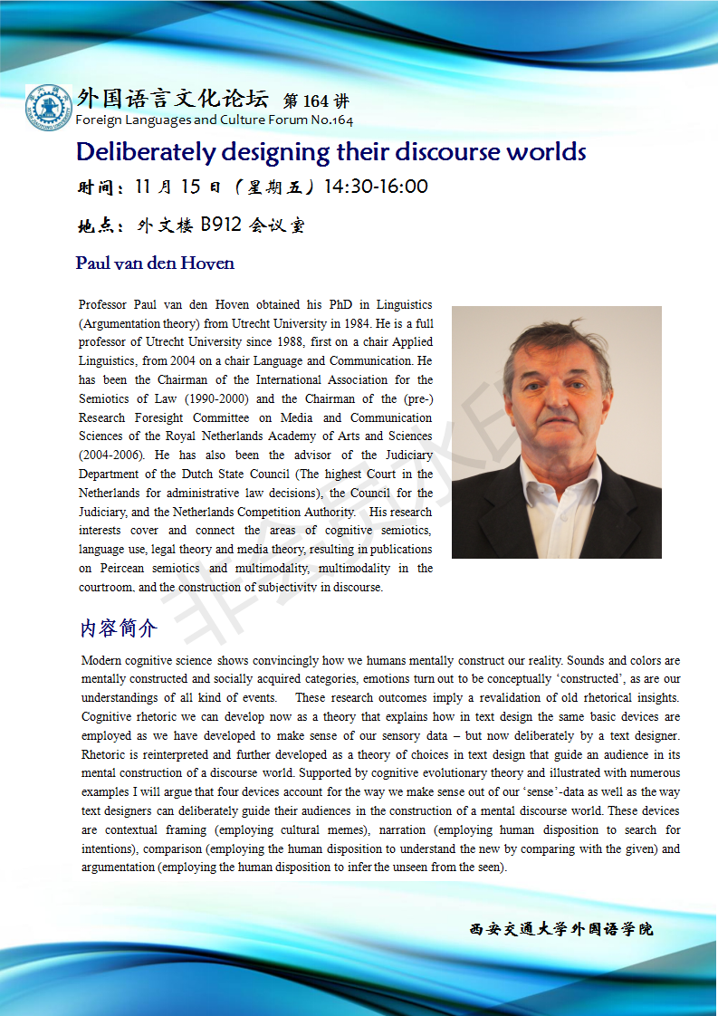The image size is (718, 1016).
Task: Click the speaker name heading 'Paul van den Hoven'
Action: coord(155,264)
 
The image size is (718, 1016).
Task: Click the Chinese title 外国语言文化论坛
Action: coord(173,99)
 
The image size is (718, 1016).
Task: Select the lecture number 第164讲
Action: coord(316,101)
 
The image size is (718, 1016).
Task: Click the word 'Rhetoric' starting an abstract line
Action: coord(105,754)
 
